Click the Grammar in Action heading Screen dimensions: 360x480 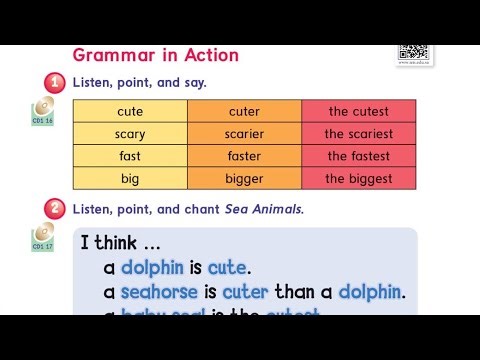(155, 54)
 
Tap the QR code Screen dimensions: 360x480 (413, 54)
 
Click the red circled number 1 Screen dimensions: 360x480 (55, 83)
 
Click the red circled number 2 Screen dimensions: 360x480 (55, 209)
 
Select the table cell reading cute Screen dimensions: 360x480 (130, 111)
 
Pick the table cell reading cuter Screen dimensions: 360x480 (244, 111)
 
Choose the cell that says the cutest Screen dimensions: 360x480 (358, 111)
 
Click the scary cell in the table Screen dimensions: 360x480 (130, 133)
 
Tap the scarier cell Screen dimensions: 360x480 (244, 133)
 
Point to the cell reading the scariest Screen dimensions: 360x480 (358, 133)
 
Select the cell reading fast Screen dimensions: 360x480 (130, 156)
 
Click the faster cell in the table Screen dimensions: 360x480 (244, 156)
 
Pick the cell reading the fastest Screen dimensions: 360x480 (358, 156)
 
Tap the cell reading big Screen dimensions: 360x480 (130, 179)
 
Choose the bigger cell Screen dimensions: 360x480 (244, 179)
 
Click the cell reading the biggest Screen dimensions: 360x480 (358, 179)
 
